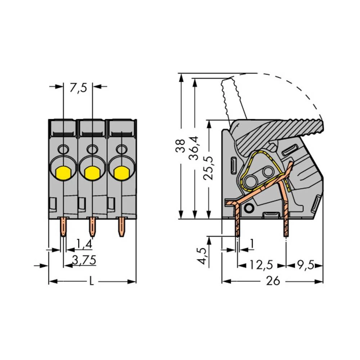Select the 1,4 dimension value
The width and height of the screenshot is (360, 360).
[x=84, y=244]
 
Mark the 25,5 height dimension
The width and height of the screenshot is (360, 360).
[x=208, y=167]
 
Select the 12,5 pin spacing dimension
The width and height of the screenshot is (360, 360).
[x=261, y=266]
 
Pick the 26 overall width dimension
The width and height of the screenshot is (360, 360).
[x=273, y=281]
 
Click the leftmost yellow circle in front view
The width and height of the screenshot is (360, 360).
[x=63, y=173]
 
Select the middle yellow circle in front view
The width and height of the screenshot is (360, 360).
[x=92, y=173]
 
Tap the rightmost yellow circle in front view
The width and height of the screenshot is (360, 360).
[x=122, y=173]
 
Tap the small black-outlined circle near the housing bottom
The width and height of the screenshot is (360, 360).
[x=248, y=208]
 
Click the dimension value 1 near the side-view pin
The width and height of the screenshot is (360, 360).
[x=252, y=244]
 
